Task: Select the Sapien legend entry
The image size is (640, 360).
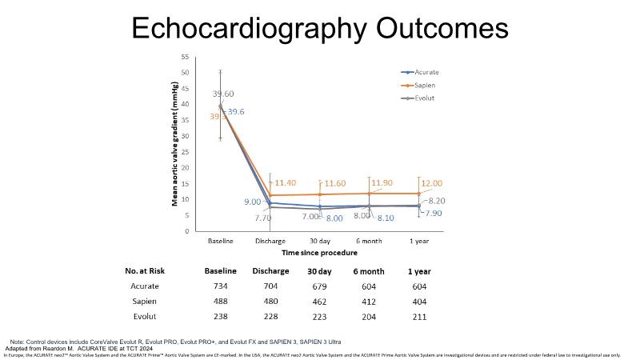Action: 425,84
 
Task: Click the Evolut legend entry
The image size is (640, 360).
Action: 425,98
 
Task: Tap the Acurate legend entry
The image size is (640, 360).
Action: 426,70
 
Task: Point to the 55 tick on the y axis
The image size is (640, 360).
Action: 185,57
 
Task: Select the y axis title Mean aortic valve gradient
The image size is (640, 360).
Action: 174,144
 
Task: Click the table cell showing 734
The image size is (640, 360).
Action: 220,286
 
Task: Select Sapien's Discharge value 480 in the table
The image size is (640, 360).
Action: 270,301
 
